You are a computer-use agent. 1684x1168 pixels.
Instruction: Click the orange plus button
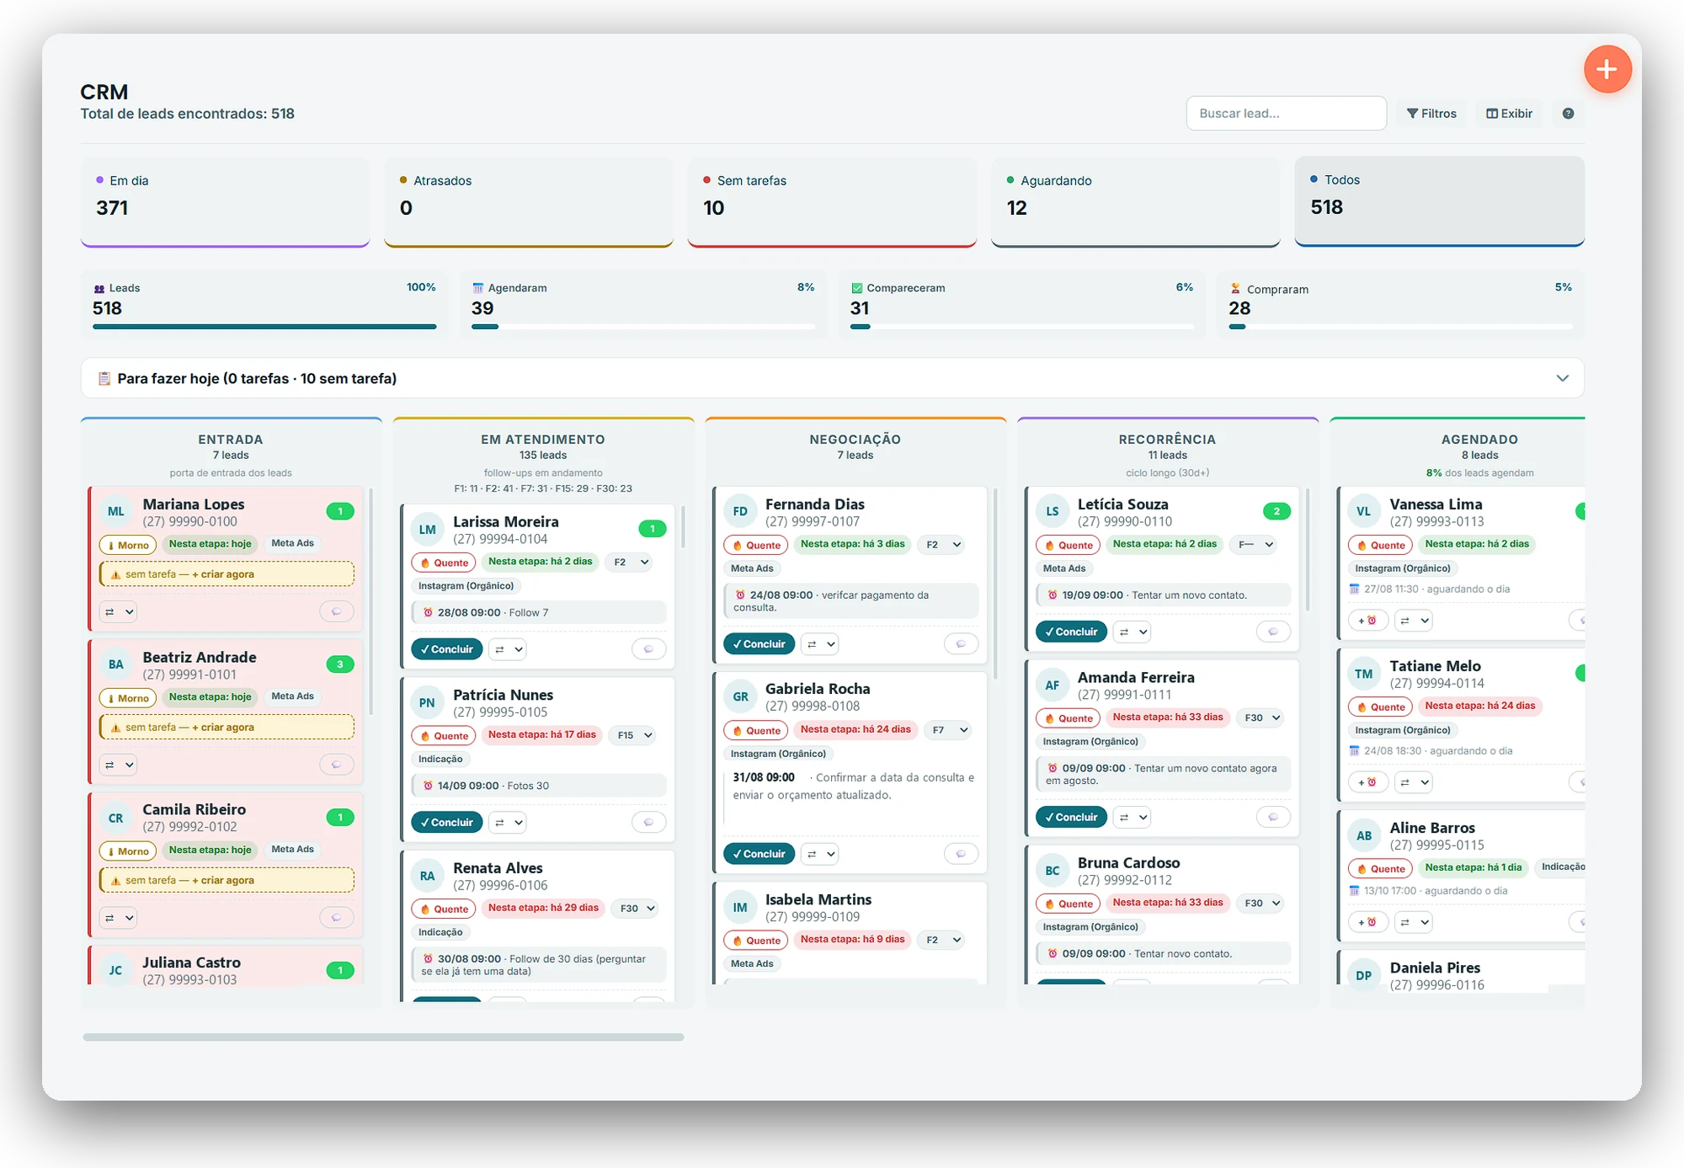(1607, 69)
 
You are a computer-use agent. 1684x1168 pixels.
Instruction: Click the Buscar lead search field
(1286, 114)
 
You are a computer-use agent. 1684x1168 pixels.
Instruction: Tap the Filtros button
(1431, 114)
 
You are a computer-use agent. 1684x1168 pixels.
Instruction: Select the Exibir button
(1509, 114)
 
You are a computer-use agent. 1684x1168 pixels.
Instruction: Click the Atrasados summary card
(529, 202)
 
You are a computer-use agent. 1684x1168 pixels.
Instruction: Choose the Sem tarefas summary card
(832, 202)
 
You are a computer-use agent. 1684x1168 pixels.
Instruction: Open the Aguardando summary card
(1135, 202)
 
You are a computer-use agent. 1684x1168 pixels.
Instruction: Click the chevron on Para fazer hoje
(1563, 378)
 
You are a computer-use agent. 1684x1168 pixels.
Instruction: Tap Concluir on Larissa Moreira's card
(447, 649)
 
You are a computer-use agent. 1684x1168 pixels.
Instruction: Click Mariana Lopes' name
(194, 504)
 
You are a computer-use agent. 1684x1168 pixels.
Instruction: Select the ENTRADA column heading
(231, 439)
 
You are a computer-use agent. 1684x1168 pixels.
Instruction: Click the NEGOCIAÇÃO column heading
(855, 439)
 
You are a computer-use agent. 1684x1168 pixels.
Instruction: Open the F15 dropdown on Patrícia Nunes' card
(635, 735)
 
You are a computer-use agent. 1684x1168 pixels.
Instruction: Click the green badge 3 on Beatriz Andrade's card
(340, 664)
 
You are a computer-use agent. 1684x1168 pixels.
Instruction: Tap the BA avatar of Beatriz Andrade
(116, 664)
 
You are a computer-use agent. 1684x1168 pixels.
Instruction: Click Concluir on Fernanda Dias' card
(759, 644)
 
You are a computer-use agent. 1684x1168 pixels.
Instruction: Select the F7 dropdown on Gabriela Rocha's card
(948, 730)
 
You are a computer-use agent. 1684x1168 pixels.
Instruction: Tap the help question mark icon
(1568, 114)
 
